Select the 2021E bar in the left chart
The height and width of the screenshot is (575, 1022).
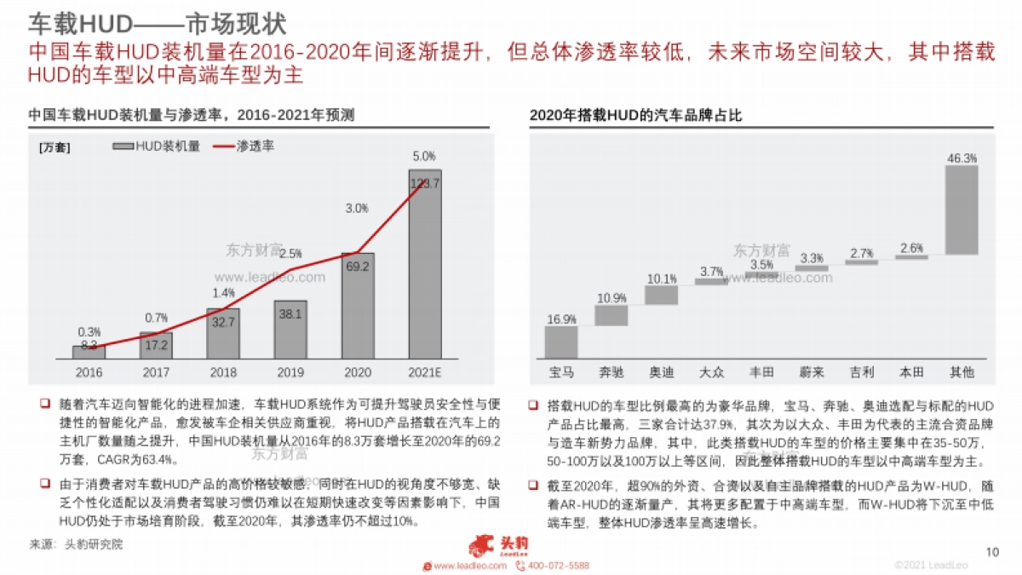424,264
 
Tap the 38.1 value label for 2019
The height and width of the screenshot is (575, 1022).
290,313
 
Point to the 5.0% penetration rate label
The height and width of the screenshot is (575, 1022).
424,156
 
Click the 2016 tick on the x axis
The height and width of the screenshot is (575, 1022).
89,372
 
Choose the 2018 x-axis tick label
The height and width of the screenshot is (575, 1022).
223,372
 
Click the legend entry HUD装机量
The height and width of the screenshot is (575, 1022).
157,147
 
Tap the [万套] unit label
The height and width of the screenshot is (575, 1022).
55,147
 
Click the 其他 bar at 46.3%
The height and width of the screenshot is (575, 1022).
962,210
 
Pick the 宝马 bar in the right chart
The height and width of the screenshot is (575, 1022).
561,342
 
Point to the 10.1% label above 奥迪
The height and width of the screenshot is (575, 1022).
662,279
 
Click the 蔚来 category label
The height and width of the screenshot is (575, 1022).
812,373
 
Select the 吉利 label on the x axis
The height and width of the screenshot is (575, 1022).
862,373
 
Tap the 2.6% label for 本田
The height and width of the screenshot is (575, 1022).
911,248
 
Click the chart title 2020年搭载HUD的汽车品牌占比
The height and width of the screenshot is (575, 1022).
635,115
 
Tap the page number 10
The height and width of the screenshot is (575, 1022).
991,552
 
